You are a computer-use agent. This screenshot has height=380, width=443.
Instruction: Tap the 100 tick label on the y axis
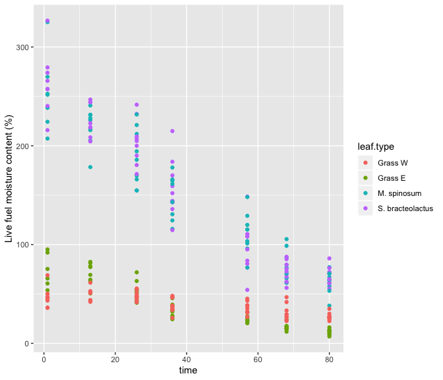[21, 245]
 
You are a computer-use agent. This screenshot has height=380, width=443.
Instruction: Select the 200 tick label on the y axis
[21, 146]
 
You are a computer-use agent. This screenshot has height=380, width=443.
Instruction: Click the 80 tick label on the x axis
[330, 360]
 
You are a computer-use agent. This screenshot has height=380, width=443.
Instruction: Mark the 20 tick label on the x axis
[115, 360]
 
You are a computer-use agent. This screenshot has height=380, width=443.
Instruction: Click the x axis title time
[188, 371]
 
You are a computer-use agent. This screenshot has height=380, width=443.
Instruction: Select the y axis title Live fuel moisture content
[9, 178]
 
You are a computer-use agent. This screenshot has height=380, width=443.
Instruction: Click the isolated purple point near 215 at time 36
[173, 131]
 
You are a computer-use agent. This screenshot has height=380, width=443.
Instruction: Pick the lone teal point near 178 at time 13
[90, 168]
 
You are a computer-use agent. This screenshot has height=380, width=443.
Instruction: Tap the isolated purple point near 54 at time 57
[247, 290]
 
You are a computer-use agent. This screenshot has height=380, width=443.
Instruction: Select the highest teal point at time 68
[287, 239]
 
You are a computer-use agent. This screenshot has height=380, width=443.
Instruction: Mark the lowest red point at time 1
[47, 308]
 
